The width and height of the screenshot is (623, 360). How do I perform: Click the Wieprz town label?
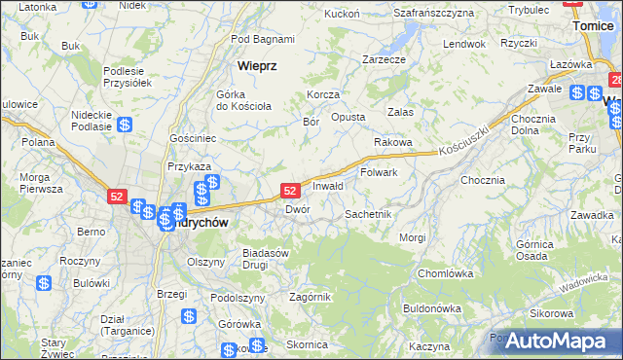258,66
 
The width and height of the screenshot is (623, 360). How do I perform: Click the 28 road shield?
616,77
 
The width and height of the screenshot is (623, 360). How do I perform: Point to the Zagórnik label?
311,297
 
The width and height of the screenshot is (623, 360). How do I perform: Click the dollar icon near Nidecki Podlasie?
125,125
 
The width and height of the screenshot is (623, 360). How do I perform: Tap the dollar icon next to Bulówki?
44,283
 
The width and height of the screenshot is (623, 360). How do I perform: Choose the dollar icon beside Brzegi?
188,316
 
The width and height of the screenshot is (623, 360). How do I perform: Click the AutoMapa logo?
556,341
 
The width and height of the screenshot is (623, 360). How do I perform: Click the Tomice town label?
593,26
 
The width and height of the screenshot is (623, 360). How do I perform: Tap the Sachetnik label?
368,213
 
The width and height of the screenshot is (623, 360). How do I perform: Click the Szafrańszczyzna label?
433,13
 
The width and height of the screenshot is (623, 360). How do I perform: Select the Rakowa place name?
393,142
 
